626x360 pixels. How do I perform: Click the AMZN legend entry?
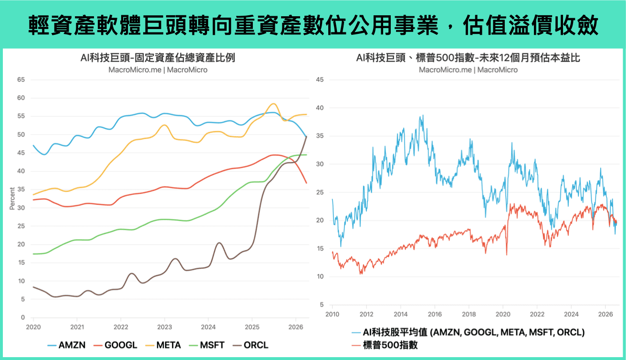click(66, 345)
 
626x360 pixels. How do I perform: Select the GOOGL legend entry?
click(115, 345)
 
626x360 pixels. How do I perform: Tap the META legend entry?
click(163, 345)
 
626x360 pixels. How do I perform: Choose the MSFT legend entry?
click(207, 345)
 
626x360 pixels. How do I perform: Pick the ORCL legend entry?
click(250, 345)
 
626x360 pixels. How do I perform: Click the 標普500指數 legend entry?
click(385, 345)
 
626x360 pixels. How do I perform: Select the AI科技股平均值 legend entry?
click(468, 332)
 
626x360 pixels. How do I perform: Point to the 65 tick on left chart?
click(21, 80)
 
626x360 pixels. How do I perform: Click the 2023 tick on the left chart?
click(165, 327)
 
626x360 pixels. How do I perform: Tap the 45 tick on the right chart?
click(320, 80)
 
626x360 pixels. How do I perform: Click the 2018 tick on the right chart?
click(469, 315)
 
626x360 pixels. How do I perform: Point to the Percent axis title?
click(12, 198)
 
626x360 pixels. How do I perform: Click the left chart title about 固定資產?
click(158, 58)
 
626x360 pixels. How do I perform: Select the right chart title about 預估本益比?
click(468, 58)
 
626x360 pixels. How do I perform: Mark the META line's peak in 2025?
click(273, 104)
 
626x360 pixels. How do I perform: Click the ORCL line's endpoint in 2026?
click(306, 136)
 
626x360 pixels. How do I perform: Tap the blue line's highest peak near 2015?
click(423, 115)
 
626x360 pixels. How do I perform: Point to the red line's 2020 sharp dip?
click(507, 255)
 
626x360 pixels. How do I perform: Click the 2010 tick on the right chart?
click(332, 315)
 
